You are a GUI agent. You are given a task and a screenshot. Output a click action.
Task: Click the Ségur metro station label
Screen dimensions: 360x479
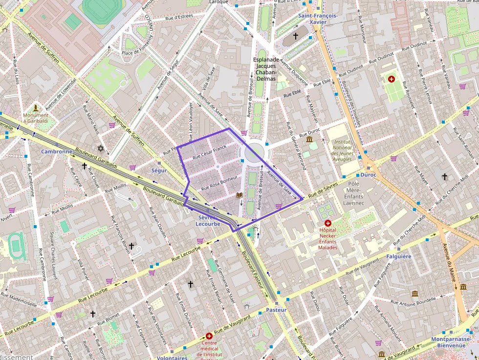(x=159, y=170)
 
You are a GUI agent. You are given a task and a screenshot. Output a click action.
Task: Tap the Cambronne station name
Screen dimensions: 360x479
(x=57, y=151)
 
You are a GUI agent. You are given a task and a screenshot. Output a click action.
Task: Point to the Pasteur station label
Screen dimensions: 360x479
(x=277, y=310)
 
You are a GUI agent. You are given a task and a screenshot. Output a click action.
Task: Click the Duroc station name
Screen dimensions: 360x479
(x=369, y=174)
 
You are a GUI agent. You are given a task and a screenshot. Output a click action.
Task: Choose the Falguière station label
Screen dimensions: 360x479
(x=399, y=256)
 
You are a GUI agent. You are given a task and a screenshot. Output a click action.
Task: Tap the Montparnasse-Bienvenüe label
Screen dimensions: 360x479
(x=450, y=342)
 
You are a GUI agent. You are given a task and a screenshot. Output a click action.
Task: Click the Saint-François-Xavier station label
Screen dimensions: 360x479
(x=318, y=19)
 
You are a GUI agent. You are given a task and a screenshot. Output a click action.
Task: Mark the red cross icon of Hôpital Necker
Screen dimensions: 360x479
(x=327, y=223)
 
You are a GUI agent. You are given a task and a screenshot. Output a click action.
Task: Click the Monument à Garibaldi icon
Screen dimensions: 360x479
(x=36, y=107)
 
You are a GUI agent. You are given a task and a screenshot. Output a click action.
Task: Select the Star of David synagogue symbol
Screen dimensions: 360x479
(x=101, y=148)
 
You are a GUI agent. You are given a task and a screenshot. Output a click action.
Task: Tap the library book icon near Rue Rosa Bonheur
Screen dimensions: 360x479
(x=239, y=195)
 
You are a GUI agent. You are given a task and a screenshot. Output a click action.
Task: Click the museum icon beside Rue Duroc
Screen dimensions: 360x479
(x=309, y=140)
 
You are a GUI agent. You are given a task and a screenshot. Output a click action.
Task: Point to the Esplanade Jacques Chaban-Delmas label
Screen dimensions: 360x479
(x=265, y=69)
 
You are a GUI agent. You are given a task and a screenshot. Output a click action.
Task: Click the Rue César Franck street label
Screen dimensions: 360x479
(x=209, y=152)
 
